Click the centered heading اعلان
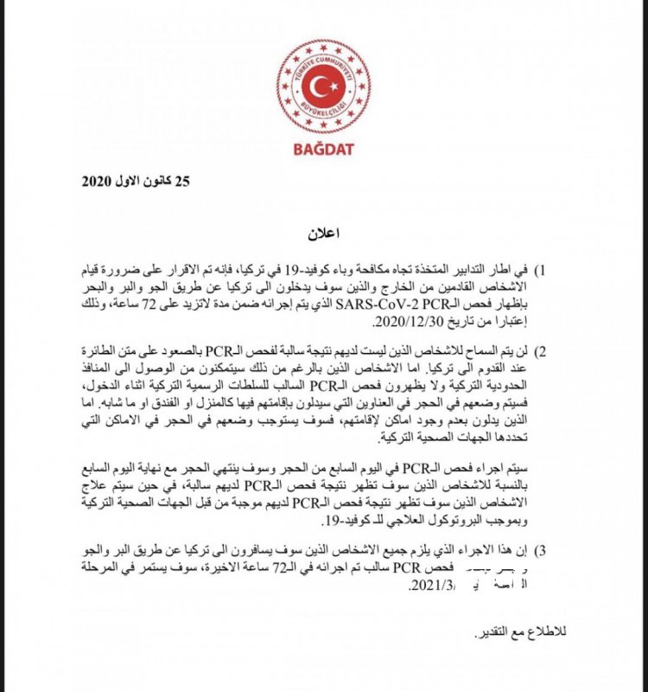click(x=324, y=234)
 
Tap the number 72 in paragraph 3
click(x=279, y=568)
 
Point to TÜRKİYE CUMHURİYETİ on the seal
click(x=324, y=59)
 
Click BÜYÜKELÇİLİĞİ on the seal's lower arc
click(x=324, y=112)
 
